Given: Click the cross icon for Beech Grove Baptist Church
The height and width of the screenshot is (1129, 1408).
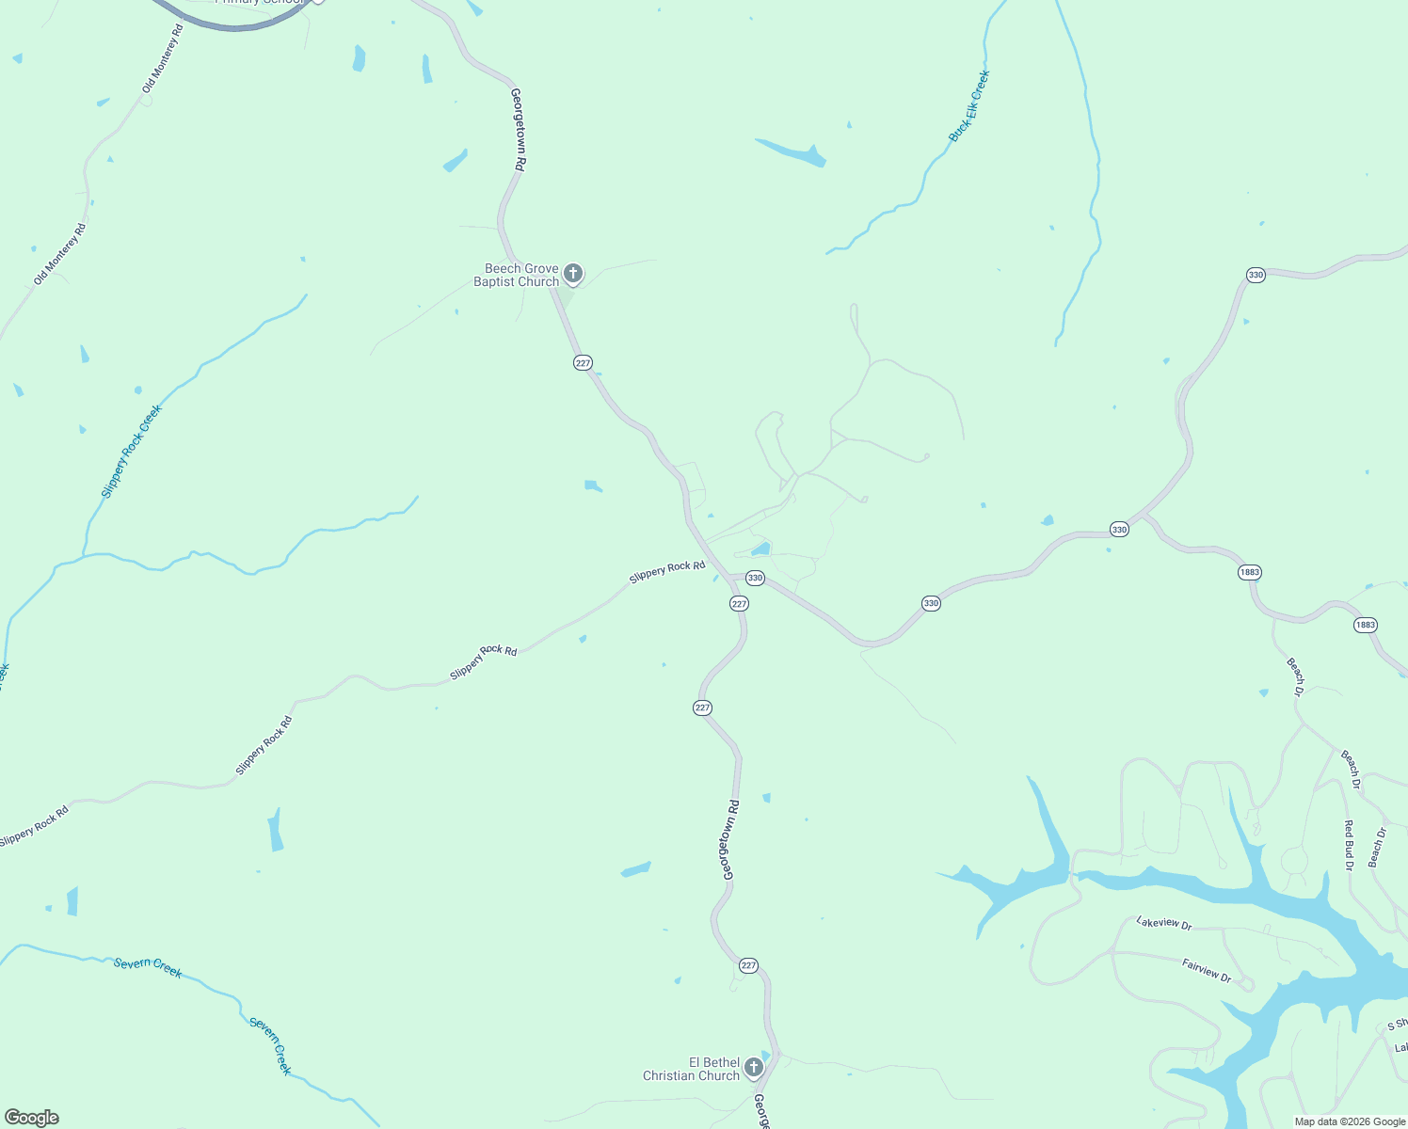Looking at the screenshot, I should point(572,274).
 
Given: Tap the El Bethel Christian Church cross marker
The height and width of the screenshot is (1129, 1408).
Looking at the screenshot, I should point(753,1067).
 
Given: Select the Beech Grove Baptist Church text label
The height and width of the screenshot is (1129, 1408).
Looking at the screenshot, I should point(517,275).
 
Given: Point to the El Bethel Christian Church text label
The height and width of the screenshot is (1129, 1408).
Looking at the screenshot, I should point(691,1069).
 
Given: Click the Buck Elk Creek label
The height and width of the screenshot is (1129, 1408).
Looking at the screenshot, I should point(969,106).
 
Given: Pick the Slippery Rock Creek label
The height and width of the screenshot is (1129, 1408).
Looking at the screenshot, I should point(131,452).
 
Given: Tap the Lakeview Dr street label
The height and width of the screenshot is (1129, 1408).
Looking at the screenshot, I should point(1164,923).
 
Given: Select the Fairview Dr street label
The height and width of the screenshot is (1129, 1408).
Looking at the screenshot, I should point(1207,970).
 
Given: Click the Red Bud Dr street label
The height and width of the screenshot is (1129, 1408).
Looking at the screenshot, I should point(1348,845).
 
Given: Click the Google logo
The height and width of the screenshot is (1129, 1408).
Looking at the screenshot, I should point(32,1118).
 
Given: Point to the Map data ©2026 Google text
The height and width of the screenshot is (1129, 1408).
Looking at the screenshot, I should point(1350,1121).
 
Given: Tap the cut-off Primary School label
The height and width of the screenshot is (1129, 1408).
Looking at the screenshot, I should point(260,3).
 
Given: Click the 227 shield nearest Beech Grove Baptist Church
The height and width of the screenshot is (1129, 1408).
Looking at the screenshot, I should point(583,363).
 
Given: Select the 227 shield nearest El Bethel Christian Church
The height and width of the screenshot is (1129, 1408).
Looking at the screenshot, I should point(748,965).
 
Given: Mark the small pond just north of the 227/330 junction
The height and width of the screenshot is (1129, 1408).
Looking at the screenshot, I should point(760,549).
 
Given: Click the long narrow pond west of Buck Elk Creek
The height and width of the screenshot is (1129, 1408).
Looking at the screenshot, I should point(791,153).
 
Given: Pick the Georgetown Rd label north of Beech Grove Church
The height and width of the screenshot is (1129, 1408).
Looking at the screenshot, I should point(518,129).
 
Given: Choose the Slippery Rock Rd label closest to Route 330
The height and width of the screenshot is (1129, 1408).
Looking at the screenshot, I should point(667,571).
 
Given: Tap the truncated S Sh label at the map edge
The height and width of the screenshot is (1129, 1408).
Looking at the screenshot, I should point(1397,1025).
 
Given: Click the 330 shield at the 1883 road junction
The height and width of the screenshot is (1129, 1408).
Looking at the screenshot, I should point(1119,530).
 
